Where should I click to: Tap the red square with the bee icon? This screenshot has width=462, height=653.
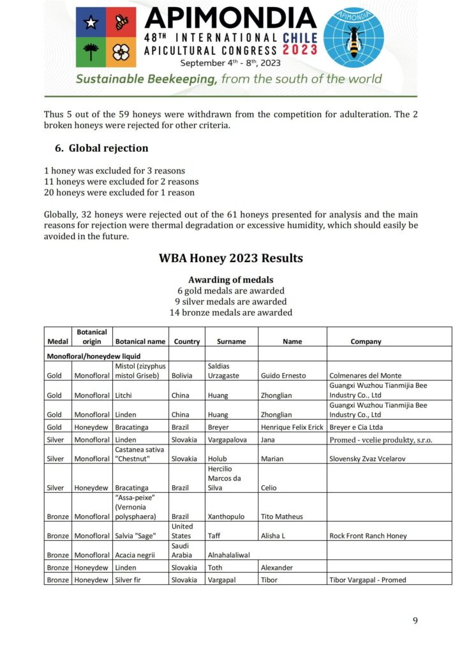point(121,22)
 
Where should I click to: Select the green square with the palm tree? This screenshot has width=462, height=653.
point(91,52)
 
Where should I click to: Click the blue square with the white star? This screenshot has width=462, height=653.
point(91,22)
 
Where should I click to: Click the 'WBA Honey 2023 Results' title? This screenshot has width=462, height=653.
point(230,258)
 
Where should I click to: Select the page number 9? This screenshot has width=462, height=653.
point(415,620)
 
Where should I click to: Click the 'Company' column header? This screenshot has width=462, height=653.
point(366,342)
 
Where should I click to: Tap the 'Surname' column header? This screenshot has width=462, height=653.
point(230,342)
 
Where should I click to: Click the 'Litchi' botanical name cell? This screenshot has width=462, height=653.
point(125,395)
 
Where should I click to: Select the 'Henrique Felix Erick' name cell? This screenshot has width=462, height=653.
point(292,427)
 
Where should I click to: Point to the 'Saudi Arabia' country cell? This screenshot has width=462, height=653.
point(184,550)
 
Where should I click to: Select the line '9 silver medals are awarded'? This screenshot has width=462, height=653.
point(230,302)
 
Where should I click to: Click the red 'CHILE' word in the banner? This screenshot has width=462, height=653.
point(301,38)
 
